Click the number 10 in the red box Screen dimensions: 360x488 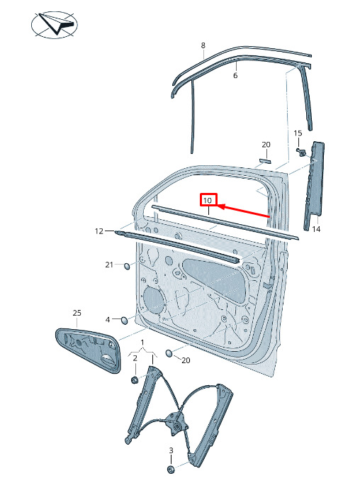pyautogui.click(x=208, y=200)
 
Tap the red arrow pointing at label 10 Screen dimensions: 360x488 pyautogui.click(x=243, y=211)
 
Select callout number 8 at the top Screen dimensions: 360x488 pyautogui.click(x=203, y=45)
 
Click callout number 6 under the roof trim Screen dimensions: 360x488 pyautogui.click(x=235, y=75)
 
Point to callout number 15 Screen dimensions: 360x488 pyautogui.click(x=298, y=133)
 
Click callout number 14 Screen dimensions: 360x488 pyautogui.click(x=316, y=229)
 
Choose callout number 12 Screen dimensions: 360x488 pyautogui.click(x=99, y=231)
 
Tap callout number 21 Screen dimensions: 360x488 pyautogui.click(x=109, y=265)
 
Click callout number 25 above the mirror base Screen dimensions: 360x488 pyautogui.click(x=77, y=313)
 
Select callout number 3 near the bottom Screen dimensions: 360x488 pyautogui.click(x=171, y=450)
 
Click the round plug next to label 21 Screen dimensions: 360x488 pyautogui.click(x=127, y=266)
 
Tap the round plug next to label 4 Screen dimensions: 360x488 pyautogui.click(x=124, y=321)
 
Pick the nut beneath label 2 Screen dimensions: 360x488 pyautogui.click(x=135, y=380)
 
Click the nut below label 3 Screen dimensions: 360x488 pyautogui.click(x=171, y=470)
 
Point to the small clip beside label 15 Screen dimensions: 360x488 pyautogui.click(x=300, y=152)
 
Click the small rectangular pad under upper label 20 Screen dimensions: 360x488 pyautogui.click(x=265, y=160)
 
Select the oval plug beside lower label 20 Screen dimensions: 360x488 pyautogui.click(x=169, y=353)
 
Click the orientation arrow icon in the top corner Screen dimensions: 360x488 pyautogui.click(x=55, y=25)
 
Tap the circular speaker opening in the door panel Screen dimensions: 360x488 pyautogui.click(x=154, y=301)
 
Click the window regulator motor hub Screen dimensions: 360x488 pyautogui.click(x=176, y=427)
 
